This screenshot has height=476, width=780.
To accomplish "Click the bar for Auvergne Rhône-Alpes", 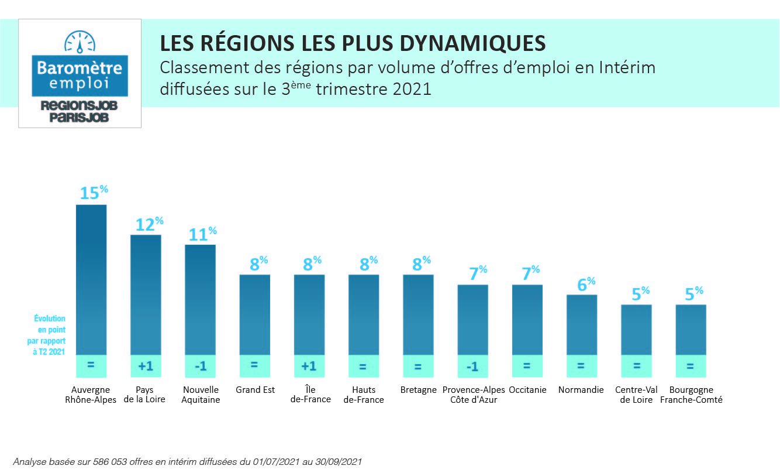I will coord(91,279).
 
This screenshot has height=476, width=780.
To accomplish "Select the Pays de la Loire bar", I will coord(146,294).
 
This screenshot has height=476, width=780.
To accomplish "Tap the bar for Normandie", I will coord(581,324).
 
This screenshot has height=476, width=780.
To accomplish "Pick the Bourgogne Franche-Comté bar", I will coord(691,329).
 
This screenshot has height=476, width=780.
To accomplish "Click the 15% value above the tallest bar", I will coord(94,193).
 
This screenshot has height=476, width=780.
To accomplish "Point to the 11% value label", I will coord(202,234).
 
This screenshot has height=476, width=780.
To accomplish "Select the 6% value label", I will coord(585,284).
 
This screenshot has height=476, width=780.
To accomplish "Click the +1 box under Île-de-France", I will coord(309,366).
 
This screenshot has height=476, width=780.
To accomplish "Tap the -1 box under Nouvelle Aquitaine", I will coord(200,366).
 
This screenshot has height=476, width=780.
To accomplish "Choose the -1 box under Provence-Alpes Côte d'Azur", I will coord(472,366).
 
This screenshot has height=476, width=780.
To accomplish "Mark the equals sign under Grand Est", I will coord(254,365).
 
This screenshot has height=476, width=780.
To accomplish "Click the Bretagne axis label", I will coord(419,390).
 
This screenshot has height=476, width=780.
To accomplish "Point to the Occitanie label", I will coord(527,390).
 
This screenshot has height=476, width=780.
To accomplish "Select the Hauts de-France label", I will coord(364,395).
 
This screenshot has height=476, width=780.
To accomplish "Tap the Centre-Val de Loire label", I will coord(636,395).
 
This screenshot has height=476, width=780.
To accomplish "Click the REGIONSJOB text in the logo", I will coord(80,106).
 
